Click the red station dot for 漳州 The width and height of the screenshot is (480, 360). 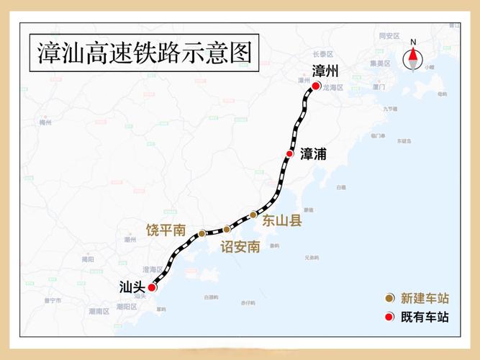[x=316, y=86]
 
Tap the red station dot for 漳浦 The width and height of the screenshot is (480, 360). [x=289, y=154]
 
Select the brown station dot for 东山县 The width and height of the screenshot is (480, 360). [x=253, y=215]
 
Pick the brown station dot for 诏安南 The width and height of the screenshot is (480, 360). [x=227, y=229]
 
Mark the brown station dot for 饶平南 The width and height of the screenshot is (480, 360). [x=202, y=233]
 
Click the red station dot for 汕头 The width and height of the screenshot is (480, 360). [x=152, y=287]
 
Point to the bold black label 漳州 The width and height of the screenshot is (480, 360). [x=325, y=71]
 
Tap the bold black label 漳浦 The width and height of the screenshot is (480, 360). [x=313, y=154]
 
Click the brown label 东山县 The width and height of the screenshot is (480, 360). [x=281, y=221]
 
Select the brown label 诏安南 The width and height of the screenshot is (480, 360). [x=240, y=247]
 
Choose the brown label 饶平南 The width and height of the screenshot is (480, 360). [x=166, y=230]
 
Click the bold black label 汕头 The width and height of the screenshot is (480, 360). [x=132, y=287]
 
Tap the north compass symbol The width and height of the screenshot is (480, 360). [x=413, y=56]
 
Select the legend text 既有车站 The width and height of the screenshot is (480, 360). [x=424, y=317]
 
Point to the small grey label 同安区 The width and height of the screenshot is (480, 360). [x=389, y=35]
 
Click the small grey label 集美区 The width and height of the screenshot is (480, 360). [x=380, y=63]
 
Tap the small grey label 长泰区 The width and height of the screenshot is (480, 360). [x=323, y=54]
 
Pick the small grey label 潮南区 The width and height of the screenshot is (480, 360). [x=99, y=311]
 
